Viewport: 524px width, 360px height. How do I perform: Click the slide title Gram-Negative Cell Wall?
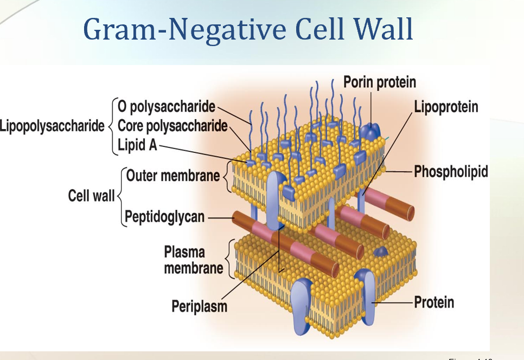coord(248,29)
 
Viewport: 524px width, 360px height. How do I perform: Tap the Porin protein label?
coord(380,82)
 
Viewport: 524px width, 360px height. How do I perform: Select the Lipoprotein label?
coord(446,107)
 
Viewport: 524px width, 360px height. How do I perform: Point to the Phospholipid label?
coord(451,172)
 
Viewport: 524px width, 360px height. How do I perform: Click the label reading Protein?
coord(434,302)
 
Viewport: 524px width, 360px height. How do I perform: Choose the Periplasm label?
coord(199,306)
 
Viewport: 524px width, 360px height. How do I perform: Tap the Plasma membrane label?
coord(193,260)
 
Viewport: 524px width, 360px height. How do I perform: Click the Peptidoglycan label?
coord(165,217)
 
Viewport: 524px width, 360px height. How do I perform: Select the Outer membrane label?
coord(173,175)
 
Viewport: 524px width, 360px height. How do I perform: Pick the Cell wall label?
coord(91,196)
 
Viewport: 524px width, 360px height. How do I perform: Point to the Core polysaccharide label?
coord(172,126)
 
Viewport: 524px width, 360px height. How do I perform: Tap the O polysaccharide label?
coord(166,106)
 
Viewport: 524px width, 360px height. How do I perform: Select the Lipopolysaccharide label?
coord(52,126)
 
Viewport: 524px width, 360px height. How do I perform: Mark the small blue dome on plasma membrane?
coord(382,251)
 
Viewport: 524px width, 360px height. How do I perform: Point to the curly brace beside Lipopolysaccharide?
coord(111,126)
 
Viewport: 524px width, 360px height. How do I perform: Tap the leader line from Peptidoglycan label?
coord(220,217)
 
